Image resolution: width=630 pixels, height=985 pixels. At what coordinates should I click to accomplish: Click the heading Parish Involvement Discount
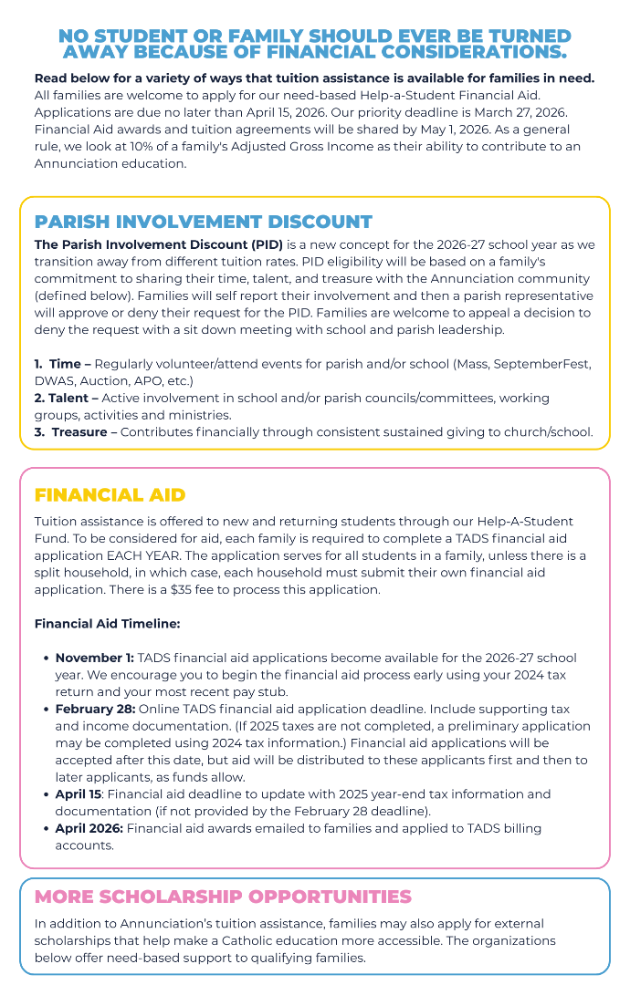[203, 222]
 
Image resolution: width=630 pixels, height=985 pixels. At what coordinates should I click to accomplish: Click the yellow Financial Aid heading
[110, 495]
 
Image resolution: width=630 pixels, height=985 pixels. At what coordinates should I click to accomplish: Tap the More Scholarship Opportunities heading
[223, 897]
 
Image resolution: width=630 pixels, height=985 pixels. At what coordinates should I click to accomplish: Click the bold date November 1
[93, 658]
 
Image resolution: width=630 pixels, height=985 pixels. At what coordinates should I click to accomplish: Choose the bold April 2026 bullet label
[89, 828]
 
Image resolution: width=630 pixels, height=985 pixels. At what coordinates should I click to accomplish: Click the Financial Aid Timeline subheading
[107, 624]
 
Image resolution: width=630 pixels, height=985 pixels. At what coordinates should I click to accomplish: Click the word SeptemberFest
[543, 364]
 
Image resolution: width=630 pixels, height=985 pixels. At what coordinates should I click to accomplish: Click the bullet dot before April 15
[46, 794]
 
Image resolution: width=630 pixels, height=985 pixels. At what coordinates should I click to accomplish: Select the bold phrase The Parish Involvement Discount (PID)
[158, 245]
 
